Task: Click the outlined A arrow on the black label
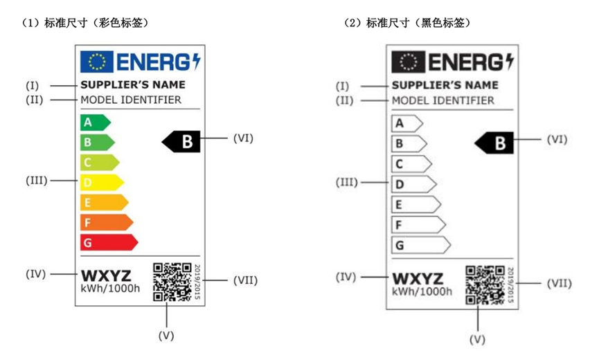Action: (x=406, y=124)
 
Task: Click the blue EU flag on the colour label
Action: (x=96, y=62)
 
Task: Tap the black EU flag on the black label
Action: (x=408, y=62)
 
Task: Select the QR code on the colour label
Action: (x=172, y=282)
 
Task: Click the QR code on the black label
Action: (x=484, y=284)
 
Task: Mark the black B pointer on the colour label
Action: (x=181, y=142)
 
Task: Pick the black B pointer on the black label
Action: (x=494, y=143)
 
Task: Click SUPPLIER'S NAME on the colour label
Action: (x=133, y=84)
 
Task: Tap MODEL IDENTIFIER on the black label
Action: (x=443, y=100)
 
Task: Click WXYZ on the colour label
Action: (x=106, y=274)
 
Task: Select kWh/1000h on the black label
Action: (x=422, y=291)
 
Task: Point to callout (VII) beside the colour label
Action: (x=245, y=280)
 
